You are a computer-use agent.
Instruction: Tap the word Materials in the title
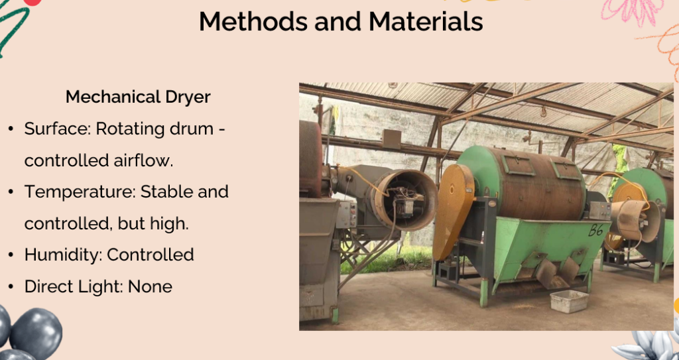pos(426,21)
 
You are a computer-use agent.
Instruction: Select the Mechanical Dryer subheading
pos(138,97)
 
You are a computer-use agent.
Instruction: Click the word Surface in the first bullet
pos(57,129)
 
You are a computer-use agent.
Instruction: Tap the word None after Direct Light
pos(151,286)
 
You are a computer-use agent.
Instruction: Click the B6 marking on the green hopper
pos(596,230)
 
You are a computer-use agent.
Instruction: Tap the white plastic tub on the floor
pos(569,301)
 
